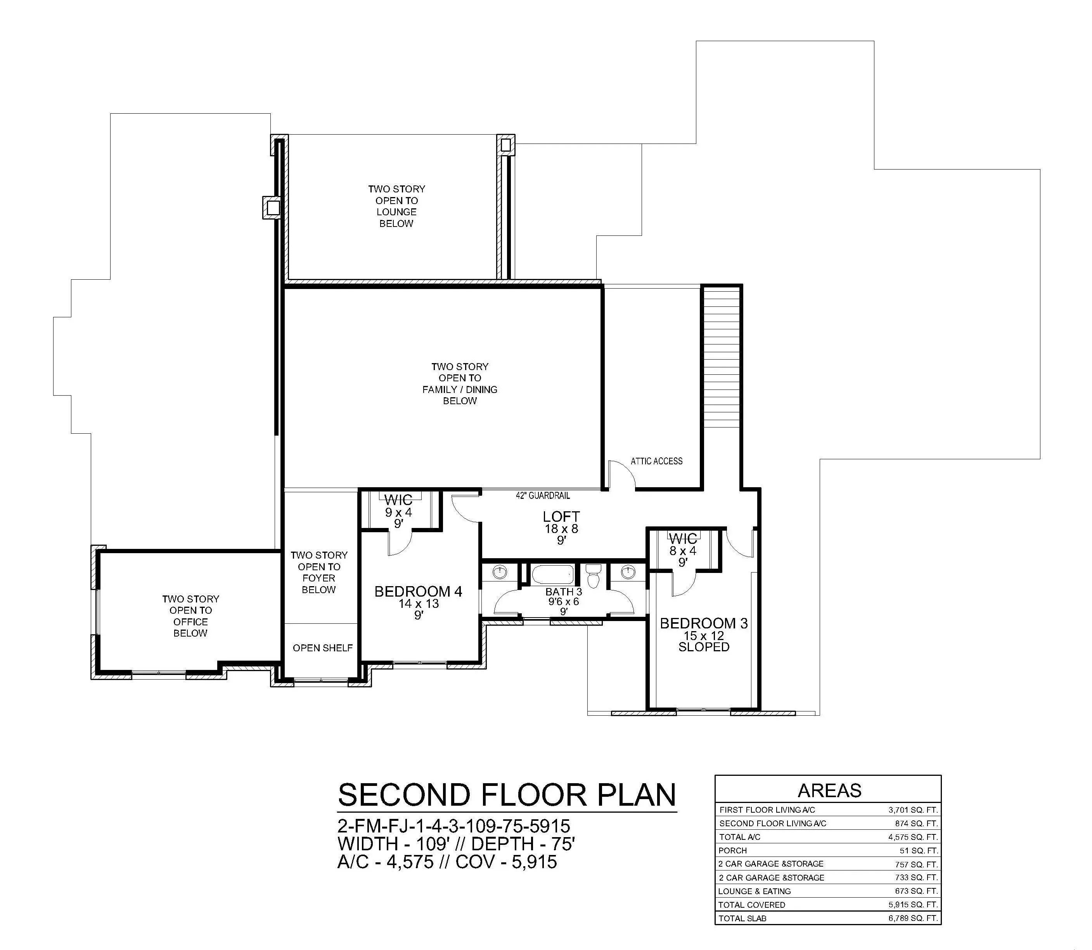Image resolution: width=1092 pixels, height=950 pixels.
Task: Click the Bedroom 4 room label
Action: [418, 592]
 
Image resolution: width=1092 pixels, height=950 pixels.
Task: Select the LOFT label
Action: [561, 516]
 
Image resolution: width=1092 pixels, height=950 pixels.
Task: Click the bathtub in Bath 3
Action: [552, 574]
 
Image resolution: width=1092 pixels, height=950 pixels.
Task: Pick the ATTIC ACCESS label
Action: [656, 461]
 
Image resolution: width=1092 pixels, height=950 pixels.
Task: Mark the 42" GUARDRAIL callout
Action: [543, 496]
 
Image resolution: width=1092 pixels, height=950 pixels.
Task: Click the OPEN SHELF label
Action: [322, 648]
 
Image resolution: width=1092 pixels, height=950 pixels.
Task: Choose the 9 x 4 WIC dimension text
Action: [399, 513]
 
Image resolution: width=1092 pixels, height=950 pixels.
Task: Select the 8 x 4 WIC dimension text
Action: [683, 551]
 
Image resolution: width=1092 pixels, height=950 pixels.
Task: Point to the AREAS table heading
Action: [830, 791]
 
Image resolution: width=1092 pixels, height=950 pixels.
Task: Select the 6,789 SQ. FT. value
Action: [913, 918]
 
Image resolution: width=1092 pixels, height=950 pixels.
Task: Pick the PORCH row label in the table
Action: [733, 850]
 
